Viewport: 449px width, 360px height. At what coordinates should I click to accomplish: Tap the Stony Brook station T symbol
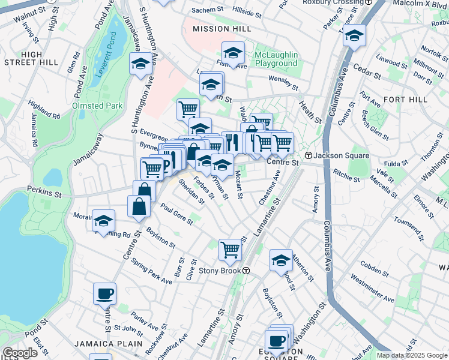coord(246,271)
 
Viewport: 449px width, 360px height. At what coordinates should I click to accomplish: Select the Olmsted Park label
coord(97,106)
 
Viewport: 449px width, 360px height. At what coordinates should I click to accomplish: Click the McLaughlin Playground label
coord(276,59)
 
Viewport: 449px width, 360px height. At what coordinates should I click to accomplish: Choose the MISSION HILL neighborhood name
coord(217,28)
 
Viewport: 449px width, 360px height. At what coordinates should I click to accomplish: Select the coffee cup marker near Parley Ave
coord(104,293)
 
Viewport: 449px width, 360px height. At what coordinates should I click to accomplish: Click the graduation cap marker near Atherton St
coord(281,260)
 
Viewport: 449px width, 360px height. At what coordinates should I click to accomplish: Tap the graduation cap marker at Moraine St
coord(103,220)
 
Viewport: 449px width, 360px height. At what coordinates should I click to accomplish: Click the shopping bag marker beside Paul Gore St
coord(139,206)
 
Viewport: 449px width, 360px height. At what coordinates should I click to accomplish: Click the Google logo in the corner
coord(20,353)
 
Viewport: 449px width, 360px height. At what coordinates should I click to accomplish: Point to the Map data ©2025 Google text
coord(411,355)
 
